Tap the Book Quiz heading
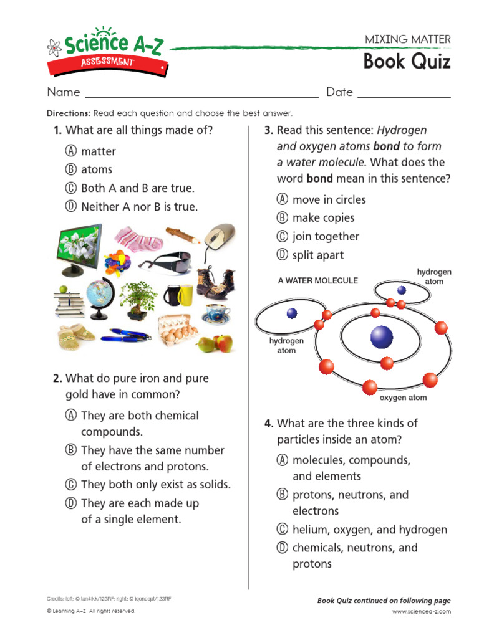407,62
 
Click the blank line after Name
201,93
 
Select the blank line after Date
404,93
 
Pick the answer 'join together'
326,237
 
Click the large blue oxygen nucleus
382,337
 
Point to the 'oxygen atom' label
403,398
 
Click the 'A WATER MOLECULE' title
318,281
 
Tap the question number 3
269,131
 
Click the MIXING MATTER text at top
407,39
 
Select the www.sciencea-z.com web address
421,611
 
